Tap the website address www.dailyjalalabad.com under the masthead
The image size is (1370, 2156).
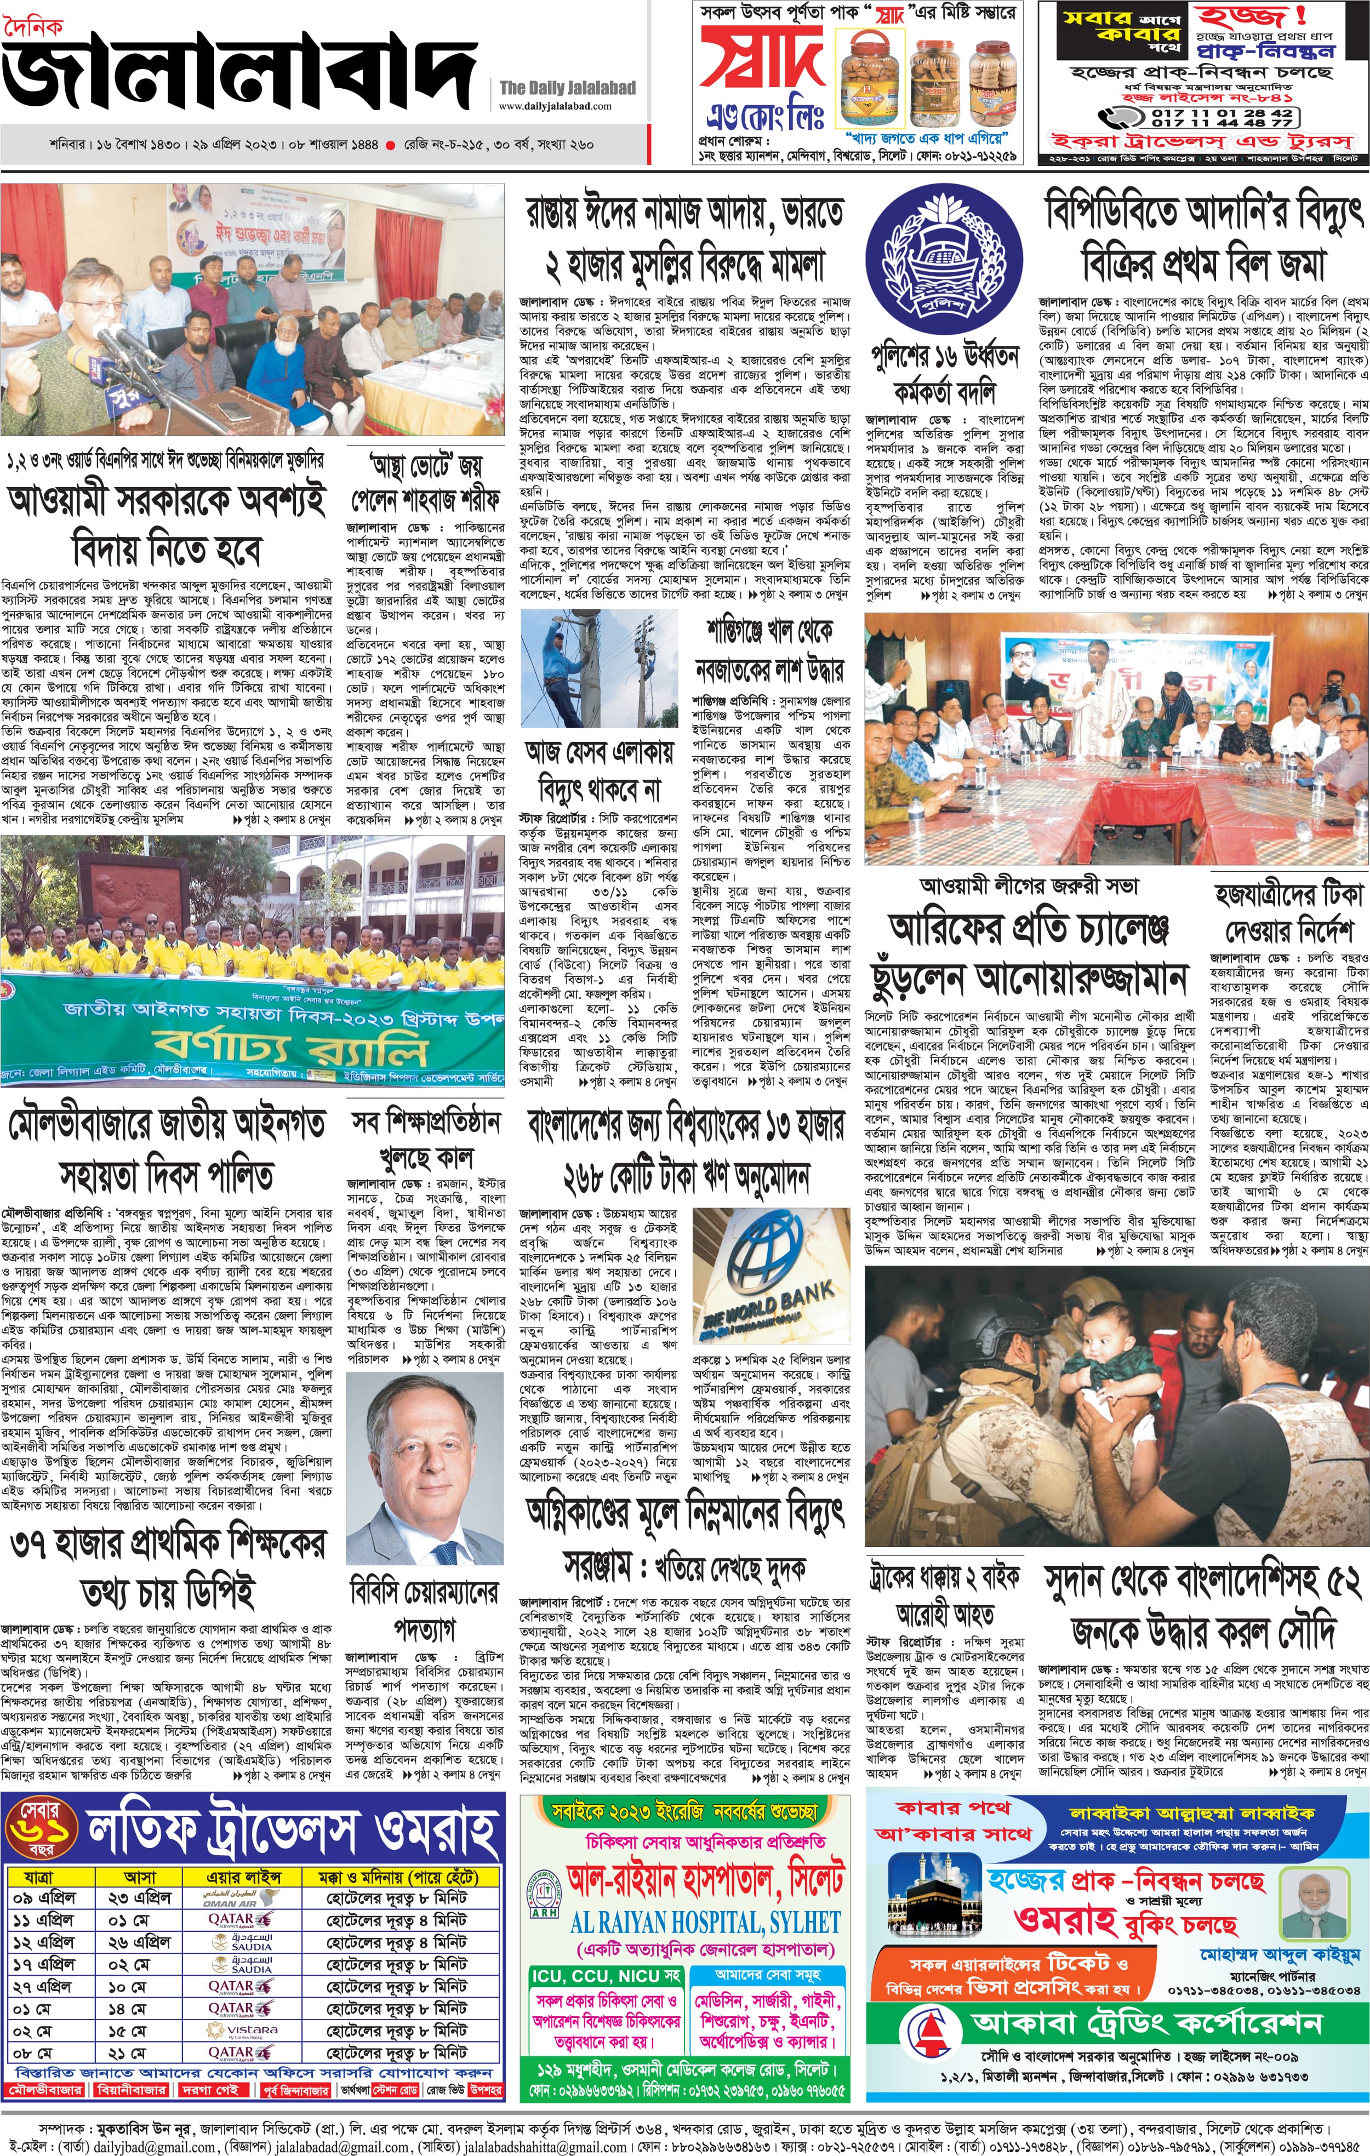click(x=555, y=106)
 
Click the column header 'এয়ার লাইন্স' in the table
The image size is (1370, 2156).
click(x=243, y=1877)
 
